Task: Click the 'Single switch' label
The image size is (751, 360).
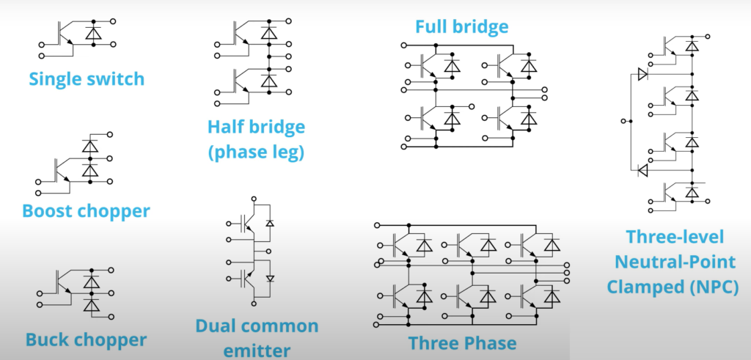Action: [87, 78]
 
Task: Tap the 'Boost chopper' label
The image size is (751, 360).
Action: [87, 211]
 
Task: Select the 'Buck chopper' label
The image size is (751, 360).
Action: [86, 339]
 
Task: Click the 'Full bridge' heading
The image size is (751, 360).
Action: [461, 28]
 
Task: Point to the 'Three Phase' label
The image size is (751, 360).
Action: [462, 342]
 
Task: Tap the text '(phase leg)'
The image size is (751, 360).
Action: [256, 153]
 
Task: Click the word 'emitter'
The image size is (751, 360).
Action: [256, 349]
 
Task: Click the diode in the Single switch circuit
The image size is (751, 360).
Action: [93, 32]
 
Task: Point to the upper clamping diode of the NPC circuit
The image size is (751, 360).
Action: [642, 73]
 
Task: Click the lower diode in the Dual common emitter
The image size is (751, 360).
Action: [269, 279]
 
